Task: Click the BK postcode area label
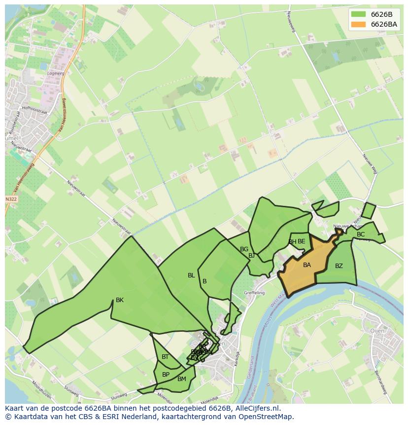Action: pos(119,300)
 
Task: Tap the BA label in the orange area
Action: pos(306,265)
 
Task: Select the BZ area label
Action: pos(339,266)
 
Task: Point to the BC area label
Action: pos(361,234)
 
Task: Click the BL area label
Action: pos(191,275)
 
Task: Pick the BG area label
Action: pos(244,249)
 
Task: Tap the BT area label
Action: pos(165,357)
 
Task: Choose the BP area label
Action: pos(166,375)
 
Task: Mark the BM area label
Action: pos(182,379)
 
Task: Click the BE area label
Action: pos(301,241)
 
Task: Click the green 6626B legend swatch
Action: pos(358,14)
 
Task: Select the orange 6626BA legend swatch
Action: pos(358,24)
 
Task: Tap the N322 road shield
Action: pos(11,199)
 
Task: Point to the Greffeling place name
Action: pos(254,293)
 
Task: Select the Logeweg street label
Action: pos(55,73)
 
